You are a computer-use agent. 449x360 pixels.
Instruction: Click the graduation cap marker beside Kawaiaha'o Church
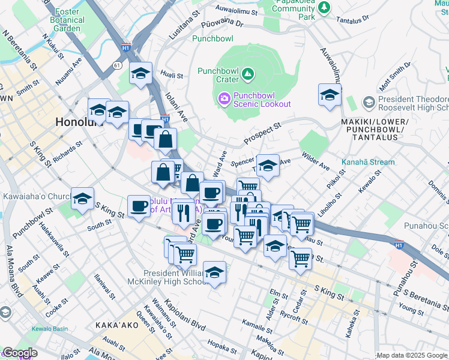click(x=82, y=198)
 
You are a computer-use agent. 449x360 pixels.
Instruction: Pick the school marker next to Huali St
click(x=140, y=73)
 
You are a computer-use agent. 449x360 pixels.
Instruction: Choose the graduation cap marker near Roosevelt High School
click(x=330, y=95)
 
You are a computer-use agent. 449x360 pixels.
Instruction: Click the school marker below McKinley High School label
click(x=214, y=272)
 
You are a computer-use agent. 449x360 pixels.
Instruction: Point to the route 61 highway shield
click(x=116, y=64)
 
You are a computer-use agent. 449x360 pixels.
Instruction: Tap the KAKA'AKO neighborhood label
click(x=117, y=325)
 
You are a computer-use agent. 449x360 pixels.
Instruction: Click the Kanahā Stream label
click(x=369, y=162)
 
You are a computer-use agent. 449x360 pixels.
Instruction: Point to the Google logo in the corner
click(x=19, y=353)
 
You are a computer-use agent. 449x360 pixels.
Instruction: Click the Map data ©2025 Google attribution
click(x=411, y=355)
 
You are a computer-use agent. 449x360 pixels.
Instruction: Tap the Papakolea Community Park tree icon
click(x=325, y=7)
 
